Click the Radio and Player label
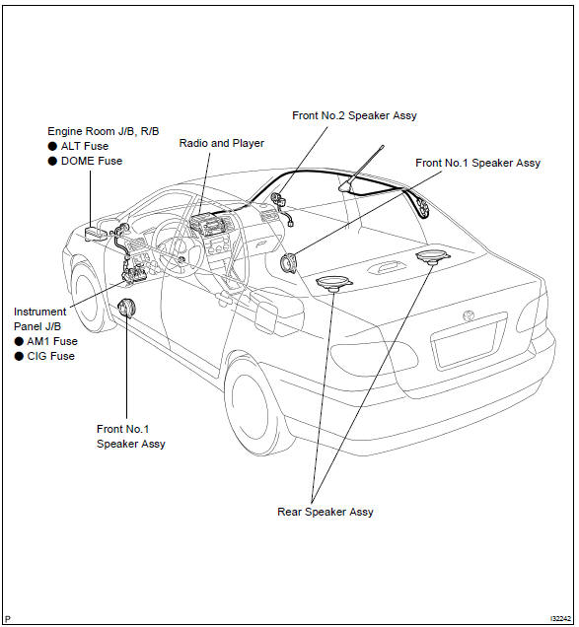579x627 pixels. (x=221, y=143)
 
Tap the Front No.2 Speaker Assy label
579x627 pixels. (x=354, y=115)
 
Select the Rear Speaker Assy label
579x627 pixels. (x=325, y=512)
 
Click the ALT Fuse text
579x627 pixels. (x=85, y=146)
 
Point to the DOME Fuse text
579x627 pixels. (x=91, y=161)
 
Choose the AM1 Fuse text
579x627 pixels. (x=52, y=341)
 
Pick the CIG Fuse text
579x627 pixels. (x=51, y=356)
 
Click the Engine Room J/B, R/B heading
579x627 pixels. (x=104, y=131)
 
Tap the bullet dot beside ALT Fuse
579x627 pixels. (x=52, y=146)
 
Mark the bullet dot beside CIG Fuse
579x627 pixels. (x=19, y=356)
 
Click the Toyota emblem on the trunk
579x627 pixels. (x=469, y=315)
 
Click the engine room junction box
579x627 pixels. (x=96, y=234)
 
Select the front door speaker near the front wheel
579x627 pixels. (x=127, y=309)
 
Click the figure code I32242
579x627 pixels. (x=560, y=618)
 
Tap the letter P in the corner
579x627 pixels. (x=9, y=619)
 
